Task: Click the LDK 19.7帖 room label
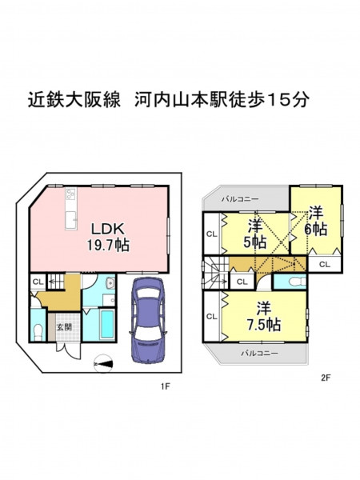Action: (x=108, y=237)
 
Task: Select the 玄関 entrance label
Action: (x=64, y=327)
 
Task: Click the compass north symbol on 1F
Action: (x=103, y=364)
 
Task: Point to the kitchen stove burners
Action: (x=70, y=194)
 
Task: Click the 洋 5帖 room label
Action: (x=255, y=234)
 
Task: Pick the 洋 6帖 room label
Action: (x=316, y=221)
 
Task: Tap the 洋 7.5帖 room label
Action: (x=264, y=317)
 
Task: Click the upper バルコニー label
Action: (x=240, y=199)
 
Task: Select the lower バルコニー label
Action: (x=259, y=353)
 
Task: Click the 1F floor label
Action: (x=165, y=386)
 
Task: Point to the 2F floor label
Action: (x=326, y=378)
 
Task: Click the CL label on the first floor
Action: (x=38, y=282)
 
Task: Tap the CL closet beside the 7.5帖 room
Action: (x=211, y=316)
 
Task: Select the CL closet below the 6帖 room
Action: (x=325, y=264)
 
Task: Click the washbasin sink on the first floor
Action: (x=110, y=283)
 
